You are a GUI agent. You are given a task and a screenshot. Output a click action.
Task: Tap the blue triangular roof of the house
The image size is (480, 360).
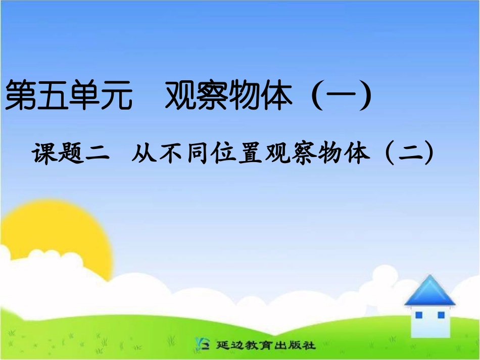coord(429,291)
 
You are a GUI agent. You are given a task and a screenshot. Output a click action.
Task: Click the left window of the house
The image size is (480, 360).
coord(419,315)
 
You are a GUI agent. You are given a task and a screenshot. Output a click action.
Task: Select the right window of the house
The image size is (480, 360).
coord(441,315)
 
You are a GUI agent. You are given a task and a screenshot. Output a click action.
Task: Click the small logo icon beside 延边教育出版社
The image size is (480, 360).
coord(203,345)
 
